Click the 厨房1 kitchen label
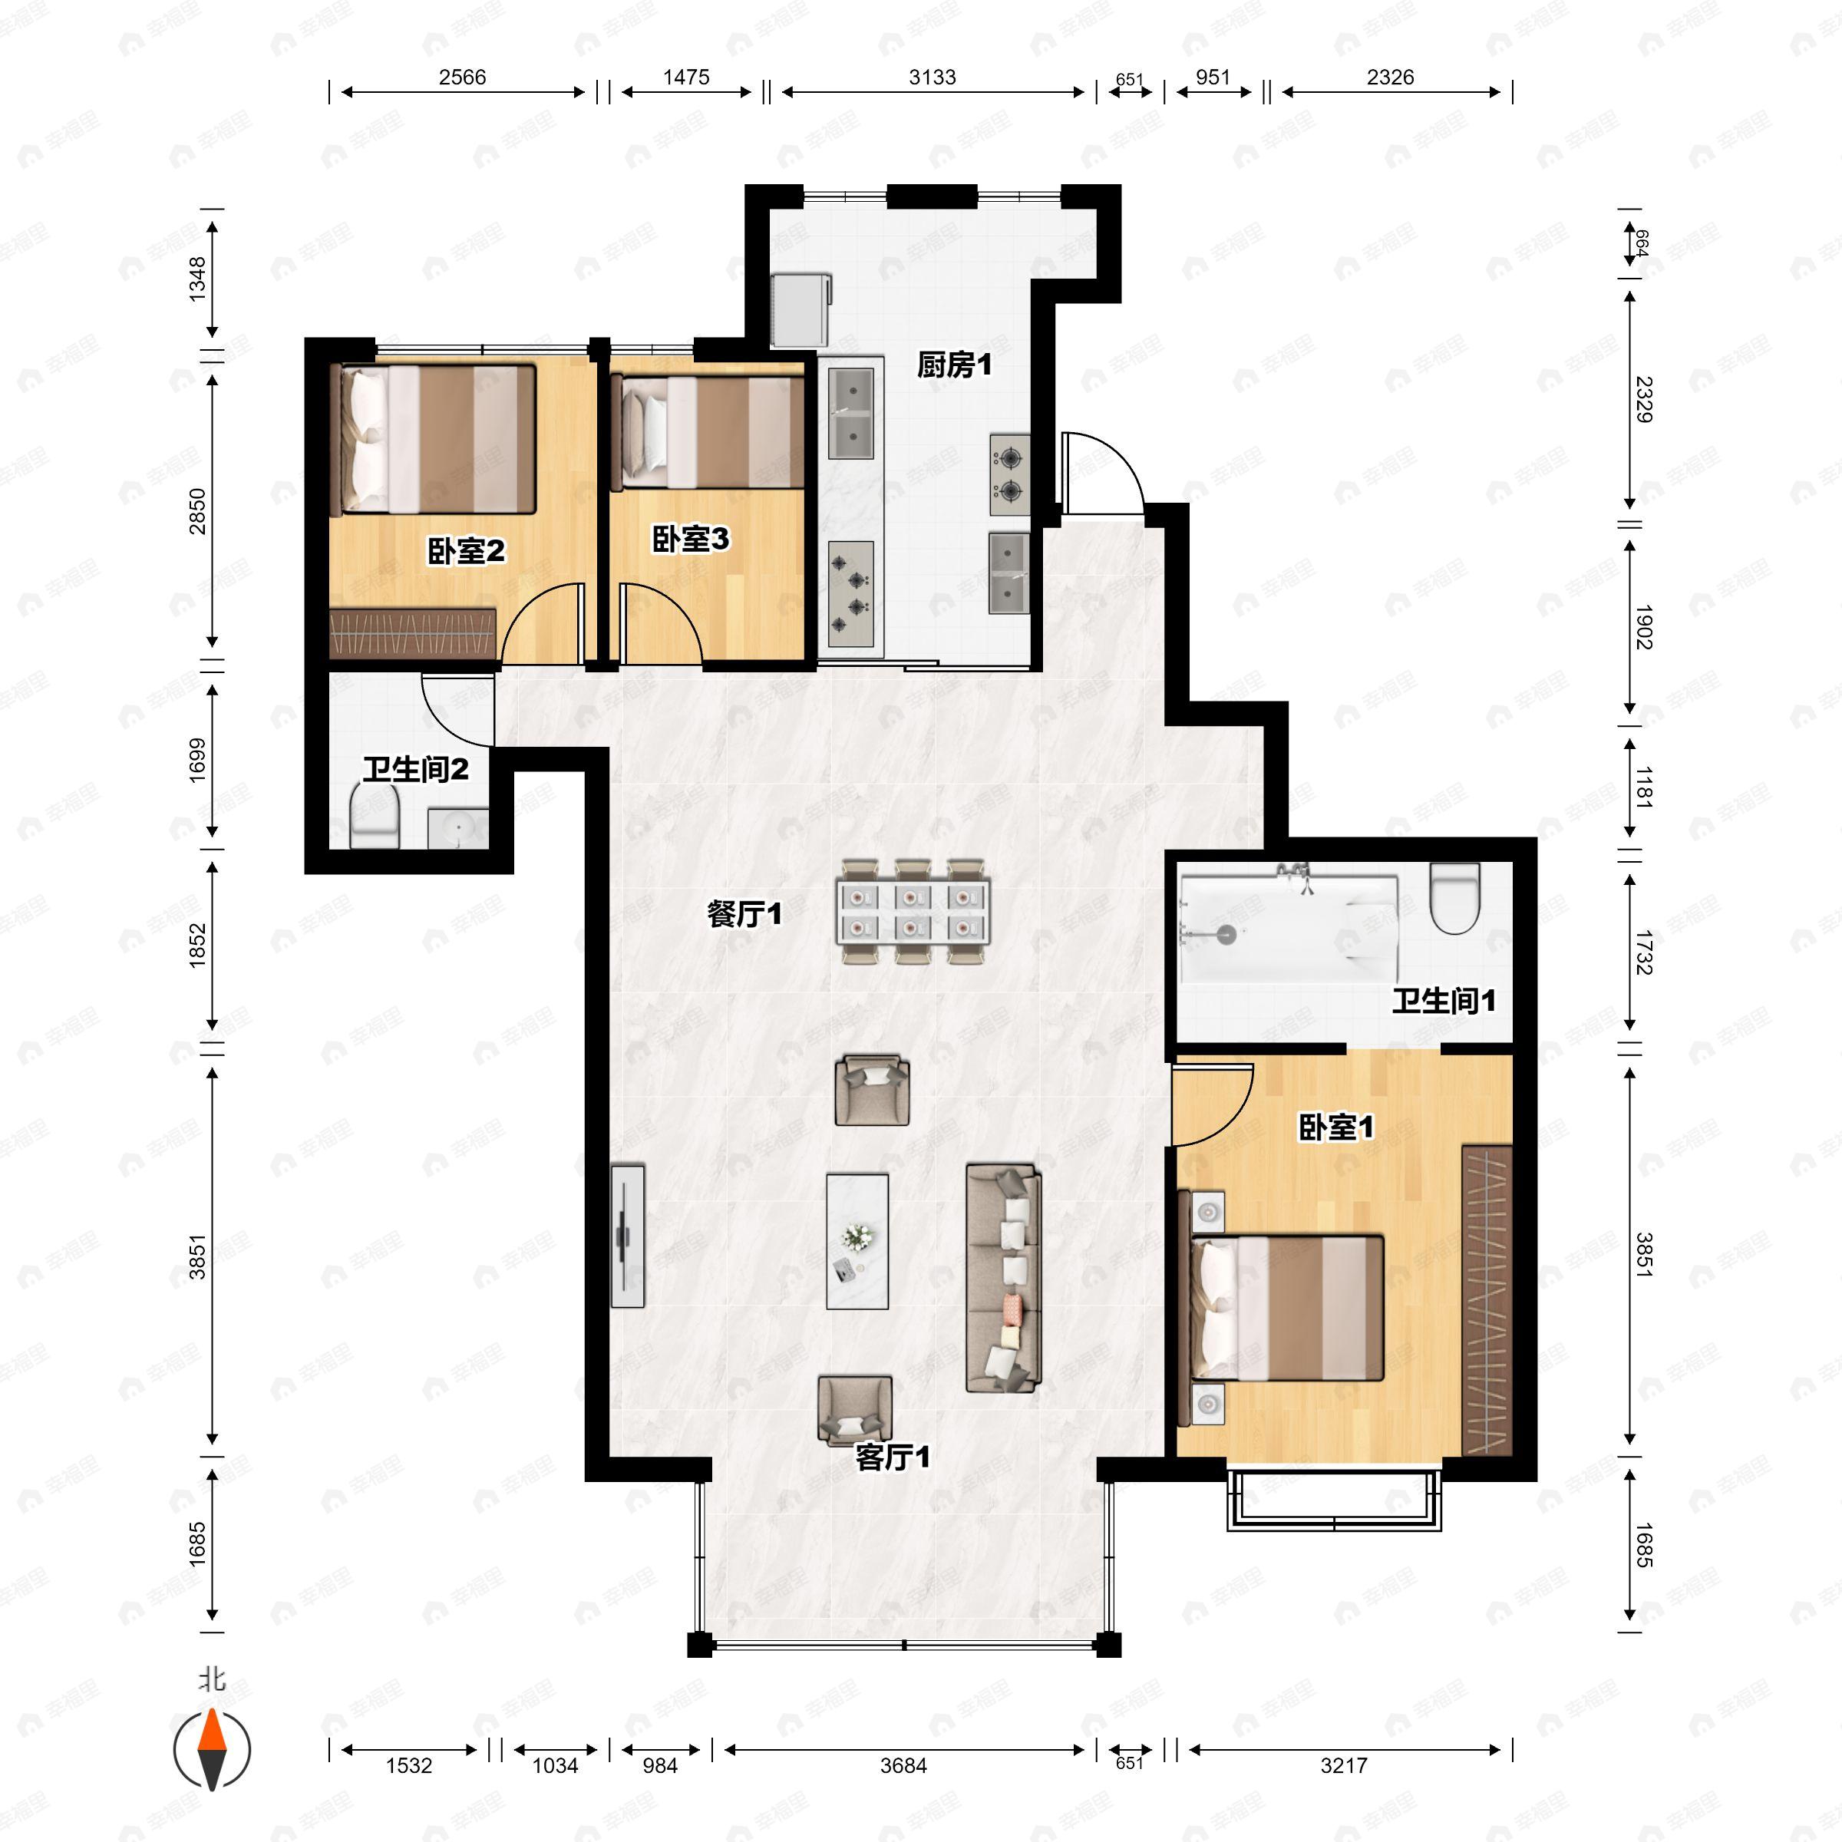[954, 365]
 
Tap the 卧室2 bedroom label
[465, 550]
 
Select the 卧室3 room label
[690, 540]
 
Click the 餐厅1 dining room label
[744, 914]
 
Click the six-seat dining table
[913, 913]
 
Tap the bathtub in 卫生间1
[1289, 928]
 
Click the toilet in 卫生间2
[374, 817]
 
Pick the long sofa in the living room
[1003, 1278]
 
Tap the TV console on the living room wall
[627, 1236]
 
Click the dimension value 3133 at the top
[932, 78]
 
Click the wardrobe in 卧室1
[1487, 1299]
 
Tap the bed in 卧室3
[708, 432]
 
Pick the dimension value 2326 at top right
[1390, 78]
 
